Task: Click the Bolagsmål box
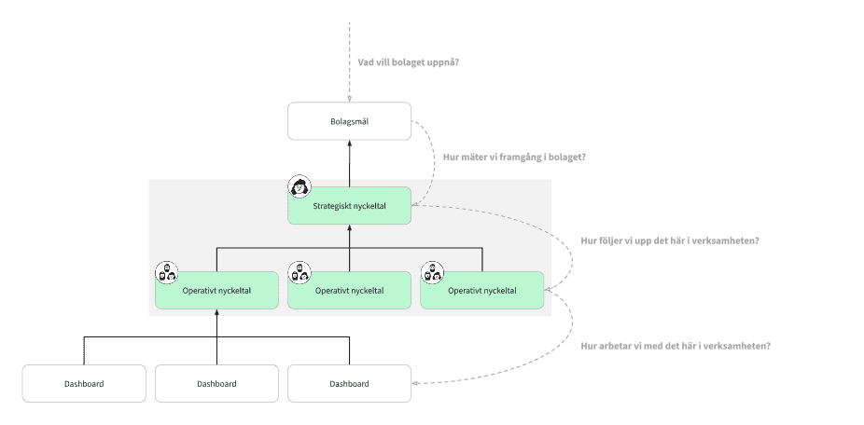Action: [349, 121]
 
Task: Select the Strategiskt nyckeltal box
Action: [349, 206]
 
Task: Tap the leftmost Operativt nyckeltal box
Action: [216, 290]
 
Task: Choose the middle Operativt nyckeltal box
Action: [349, 290]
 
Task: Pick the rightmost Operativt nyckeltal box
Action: [481, 290]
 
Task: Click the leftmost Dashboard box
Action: [84, 383]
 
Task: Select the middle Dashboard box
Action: [216, 383]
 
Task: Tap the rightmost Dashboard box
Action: [349, 383]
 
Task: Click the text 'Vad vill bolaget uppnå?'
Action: [409, 62]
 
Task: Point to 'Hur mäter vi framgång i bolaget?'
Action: [514, 157]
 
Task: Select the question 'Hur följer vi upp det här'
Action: [669, 240]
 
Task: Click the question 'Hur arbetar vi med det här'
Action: [675, 346]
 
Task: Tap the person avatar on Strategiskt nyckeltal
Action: [300, 186]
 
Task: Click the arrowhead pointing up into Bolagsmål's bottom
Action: [349, 144]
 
